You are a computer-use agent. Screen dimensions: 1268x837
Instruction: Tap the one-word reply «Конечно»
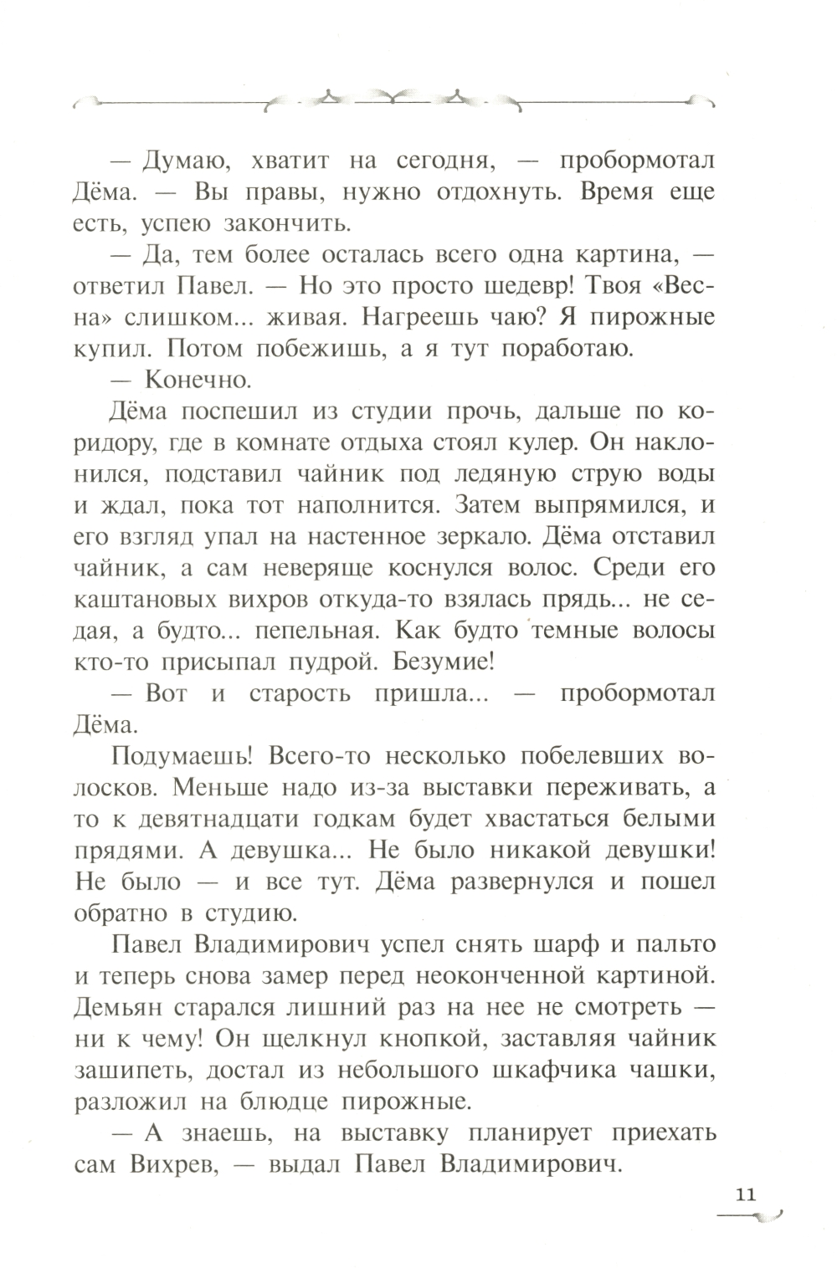198,380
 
